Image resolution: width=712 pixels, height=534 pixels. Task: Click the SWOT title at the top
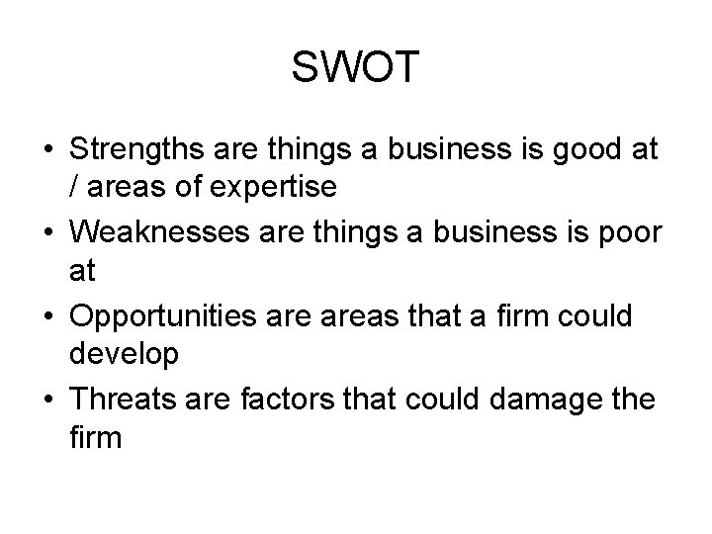[x=356, y=68]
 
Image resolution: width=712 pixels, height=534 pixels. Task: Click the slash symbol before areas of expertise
[x=74, y=185]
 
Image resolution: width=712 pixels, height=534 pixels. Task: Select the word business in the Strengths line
[x=436, y=152]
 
